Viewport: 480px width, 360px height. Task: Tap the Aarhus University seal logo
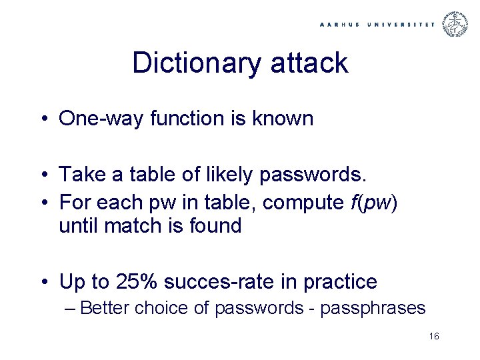[456, 24]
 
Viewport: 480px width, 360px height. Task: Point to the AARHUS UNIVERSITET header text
[377, 24]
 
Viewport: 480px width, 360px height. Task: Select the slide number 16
[434, 337]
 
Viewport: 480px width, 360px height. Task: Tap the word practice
[340, 282]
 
